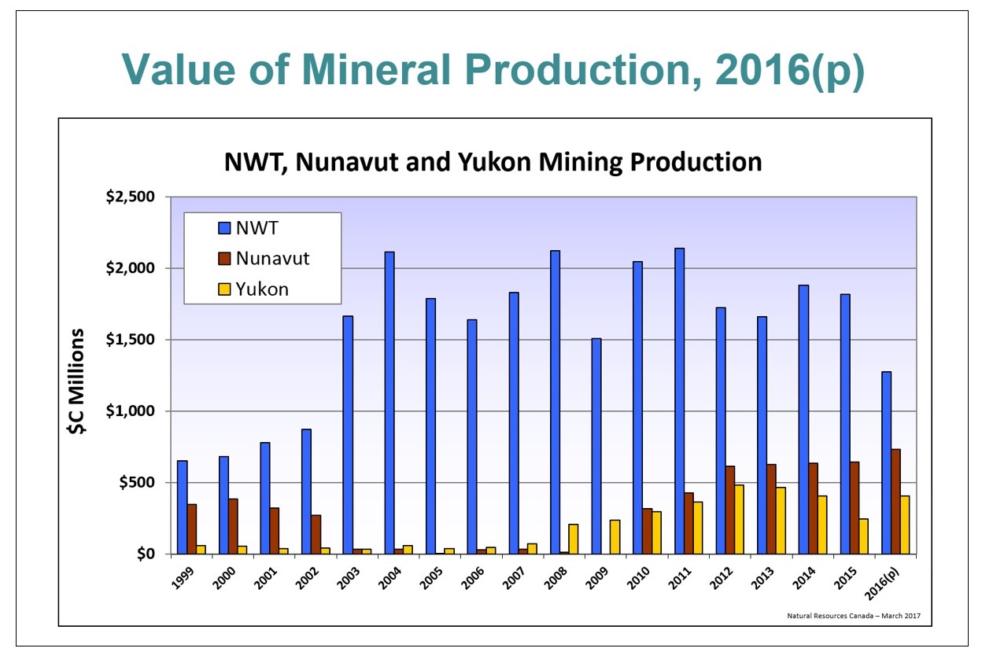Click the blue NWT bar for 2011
point(678,401)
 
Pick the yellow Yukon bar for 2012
point(739,519)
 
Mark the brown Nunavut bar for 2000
point(233,526)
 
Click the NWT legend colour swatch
point(223,229)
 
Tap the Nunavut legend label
point(272,258)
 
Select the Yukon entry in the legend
point(263,289)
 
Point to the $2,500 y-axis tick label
point(130,197)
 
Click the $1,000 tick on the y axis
point(130,411)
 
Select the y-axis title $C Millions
point(76,381)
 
